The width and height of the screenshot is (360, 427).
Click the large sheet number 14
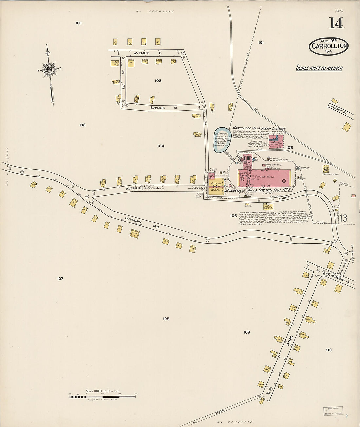coord(336,23)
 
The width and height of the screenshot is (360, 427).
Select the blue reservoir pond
coord(221,140)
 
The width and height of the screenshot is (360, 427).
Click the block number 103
coord(158,80)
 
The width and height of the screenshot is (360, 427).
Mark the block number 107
coord(60,279)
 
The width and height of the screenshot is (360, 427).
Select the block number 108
coord(166,319)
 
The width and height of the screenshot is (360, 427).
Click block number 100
coord(78,23)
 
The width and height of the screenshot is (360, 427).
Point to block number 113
coord(329,350)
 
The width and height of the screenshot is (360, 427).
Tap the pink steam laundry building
coord(276,141)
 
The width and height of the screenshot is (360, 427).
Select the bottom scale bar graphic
coord(103,397)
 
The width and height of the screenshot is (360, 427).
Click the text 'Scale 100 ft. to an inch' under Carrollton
coord(319,68)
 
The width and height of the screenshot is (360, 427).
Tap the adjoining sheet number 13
coord(343,218)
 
